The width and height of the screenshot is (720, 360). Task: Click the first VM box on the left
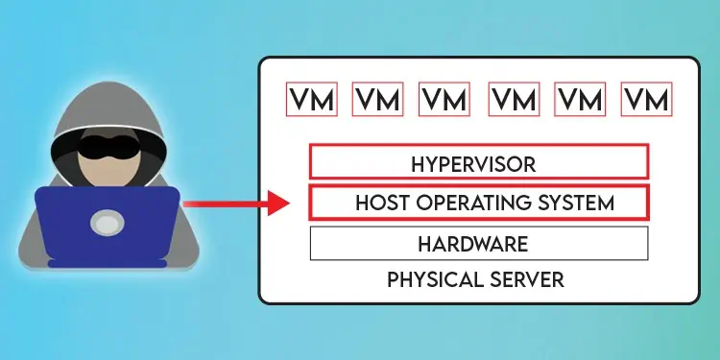[312, 99]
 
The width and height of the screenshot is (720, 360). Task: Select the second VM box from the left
[377, 99]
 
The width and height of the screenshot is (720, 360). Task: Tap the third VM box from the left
[444, 99]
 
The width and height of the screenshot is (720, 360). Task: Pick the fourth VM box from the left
[514, 99]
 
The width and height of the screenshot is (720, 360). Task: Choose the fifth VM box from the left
[580, 99]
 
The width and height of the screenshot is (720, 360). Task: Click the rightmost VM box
[646, 99]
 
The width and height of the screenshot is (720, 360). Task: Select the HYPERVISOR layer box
[478, 161]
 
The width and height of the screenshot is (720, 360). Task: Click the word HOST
[378, 204]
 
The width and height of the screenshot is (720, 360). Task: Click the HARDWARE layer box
[478, 244]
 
